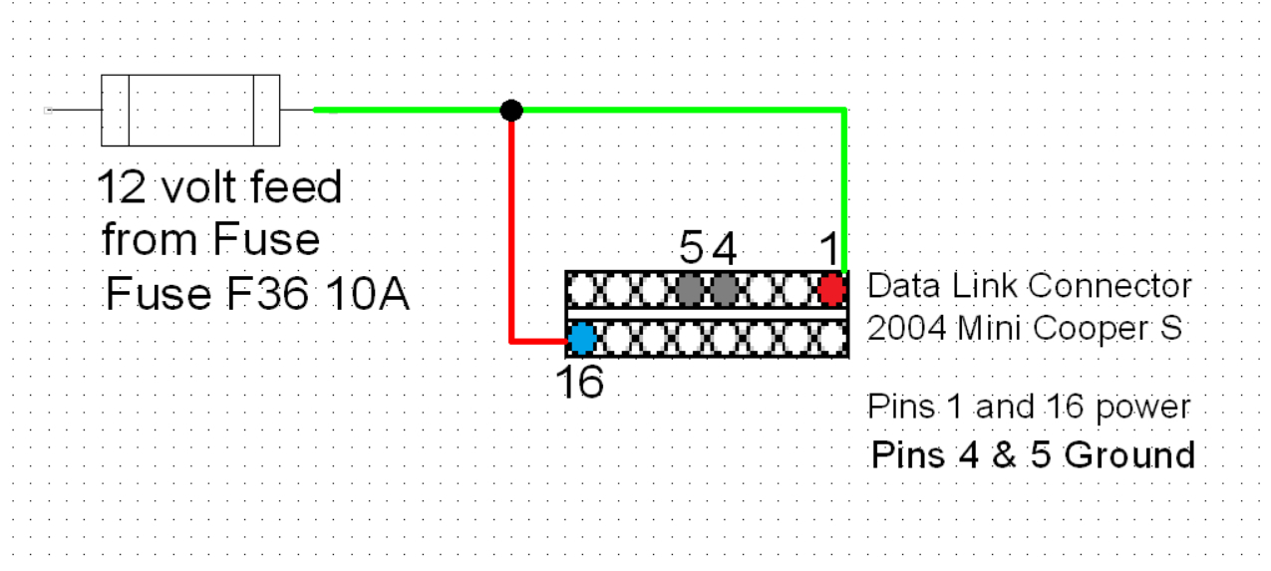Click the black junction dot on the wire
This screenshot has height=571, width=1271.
[510, 110]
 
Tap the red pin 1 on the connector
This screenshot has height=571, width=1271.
[831, 290]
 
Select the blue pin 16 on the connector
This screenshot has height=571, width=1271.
[582, 339]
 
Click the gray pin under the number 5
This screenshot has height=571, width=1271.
[689, 290]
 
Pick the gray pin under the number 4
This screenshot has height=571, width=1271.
[725, 290]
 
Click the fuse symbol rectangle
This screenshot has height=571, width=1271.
[190, 110]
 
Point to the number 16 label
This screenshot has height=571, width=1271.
[580, 382]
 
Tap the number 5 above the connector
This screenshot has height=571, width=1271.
[691, 248]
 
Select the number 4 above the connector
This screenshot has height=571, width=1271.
[725, 248]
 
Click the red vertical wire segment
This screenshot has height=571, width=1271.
[511, 229]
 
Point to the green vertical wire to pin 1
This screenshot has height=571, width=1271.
[845, 189]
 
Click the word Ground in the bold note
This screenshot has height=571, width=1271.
[1129, 454]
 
